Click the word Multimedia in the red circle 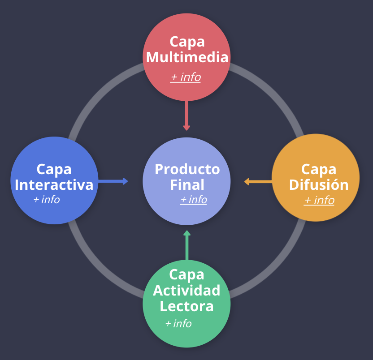187,58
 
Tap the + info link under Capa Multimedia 186,77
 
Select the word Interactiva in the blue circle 57,184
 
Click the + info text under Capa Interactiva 47,200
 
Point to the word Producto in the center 187,169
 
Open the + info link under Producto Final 194,200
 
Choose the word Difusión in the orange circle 319,184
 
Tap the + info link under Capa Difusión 319,200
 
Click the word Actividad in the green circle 186,290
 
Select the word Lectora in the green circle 186,306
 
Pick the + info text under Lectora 178,323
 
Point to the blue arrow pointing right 113,181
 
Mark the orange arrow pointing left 258,181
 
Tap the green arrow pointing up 187,245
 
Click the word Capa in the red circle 187,42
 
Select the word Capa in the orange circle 319,169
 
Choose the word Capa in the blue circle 54,169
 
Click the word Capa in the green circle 186,274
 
